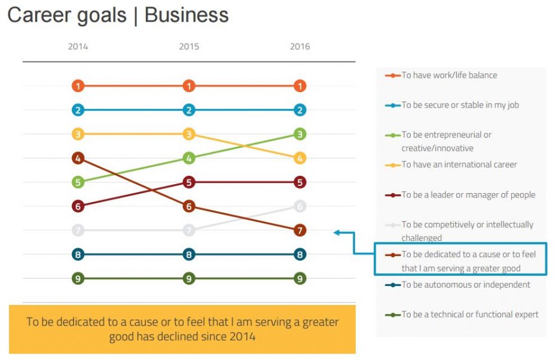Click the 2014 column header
click(x=78, y=47)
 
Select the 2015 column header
click(x=189, y=47)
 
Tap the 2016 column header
click(x=300, y=47)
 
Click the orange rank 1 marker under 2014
click(x=78, y=86)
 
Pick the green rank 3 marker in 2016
click(x=300, y=134)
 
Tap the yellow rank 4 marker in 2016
click(x=300, y=158)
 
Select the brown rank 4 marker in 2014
click(x=78, y=158)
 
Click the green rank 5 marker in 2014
click(x=78, y=182)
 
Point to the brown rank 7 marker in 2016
click(x=300, y=230)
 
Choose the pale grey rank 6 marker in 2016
click(x=300, y=206)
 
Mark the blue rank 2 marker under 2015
click(x=189, y=110)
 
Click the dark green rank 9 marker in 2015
click(x=189, y=278)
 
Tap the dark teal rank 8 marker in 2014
click(x=78, y=254)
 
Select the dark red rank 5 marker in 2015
click(x=189, y=182)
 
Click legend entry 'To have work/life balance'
click(x=449, y=75)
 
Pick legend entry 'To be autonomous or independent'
click(x=465, y=285)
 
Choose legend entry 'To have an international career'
click(x=459, y=164)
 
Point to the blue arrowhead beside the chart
click(x=337, y=233)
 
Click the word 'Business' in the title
click(x=187, y=15)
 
